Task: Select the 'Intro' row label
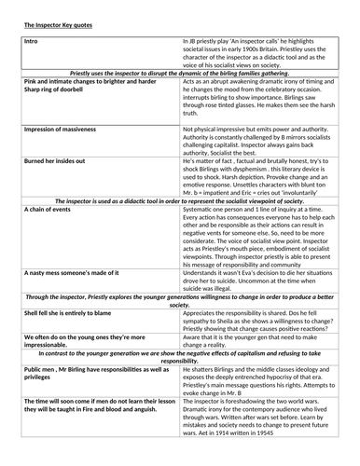click(x=30, y=42)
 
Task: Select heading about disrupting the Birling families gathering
click(x=179, y=71)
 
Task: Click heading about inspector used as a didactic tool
click(x=179, y=201)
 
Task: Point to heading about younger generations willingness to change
click(x=179, y=298)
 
